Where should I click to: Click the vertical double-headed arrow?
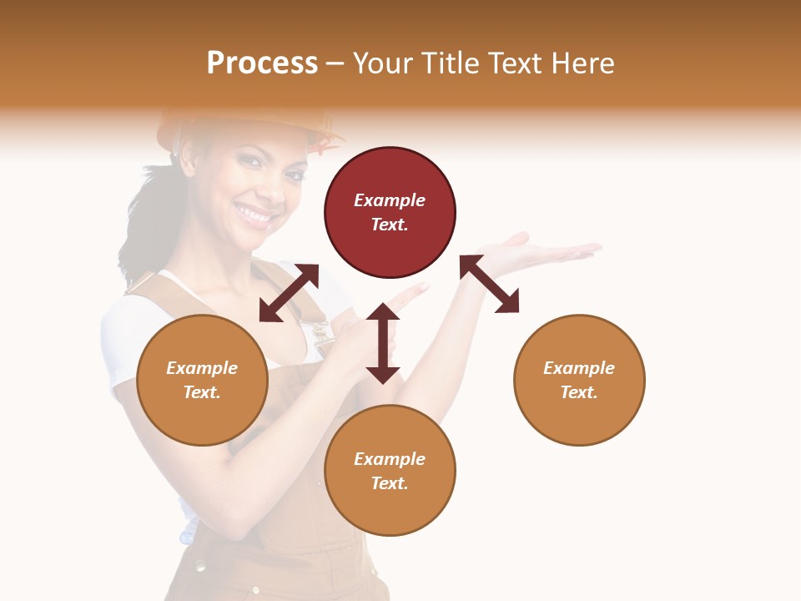(x=383, y=343)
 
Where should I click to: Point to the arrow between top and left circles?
(x=289, y=293)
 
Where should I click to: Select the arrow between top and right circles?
(x=489, y=284)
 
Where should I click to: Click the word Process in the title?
(x=262, y=63)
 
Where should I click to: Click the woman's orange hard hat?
(x=250, y=125)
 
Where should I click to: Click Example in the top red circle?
(x=390, y=200)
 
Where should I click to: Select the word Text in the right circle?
(x=579, y=392)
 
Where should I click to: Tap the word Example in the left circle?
(x=202, y=368)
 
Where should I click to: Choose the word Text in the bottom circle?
(x=390, y=483)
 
